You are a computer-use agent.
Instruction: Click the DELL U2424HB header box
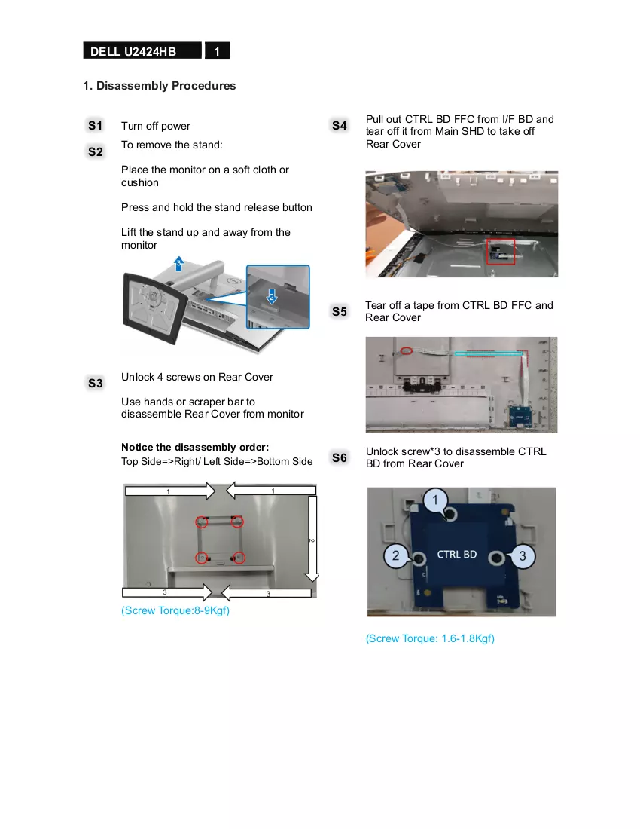click(x=142, y=50)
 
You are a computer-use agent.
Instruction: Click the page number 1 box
click(x=217, y=50)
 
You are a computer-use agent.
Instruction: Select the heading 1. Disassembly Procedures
click(x=160, y=86)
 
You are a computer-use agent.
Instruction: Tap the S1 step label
click(x=95, y=125)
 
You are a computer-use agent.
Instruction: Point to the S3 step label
click(x=95, y=383)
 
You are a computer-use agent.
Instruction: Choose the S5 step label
click(x=340, y=311)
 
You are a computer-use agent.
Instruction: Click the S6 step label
click(x=340, y=457)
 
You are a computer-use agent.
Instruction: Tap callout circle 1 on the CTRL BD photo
click(x=436, y=500)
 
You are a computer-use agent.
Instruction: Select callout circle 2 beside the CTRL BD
click(x=395, y=555)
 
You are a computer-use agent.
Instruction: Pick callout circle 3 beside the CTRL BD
click(x=523, y=555)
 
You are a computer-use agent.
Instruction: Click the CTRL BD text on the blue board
click(x=457, y=554)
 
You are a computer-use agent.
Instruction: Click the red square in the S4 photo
click(x=501, y=251)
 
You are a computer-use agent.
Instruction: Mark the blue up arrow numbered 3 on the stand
click(x=179, y=263)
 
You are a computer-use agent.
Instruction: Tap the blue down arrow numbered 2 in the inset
click(x=271, y=296)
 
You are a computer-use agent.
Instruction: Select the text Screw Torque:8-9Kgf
click(x=175, y=610)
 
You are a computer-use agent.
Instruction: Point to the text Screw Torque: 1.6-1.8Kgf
click(x=431, y=638)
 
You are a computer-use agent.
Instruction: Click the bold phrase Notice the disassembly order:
click(x=195, y=447)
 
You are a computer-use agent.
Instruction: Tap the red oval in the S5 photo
click(x=406, y=350)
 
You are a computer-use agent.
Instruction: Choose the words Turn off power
click(x=156, y=126)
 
